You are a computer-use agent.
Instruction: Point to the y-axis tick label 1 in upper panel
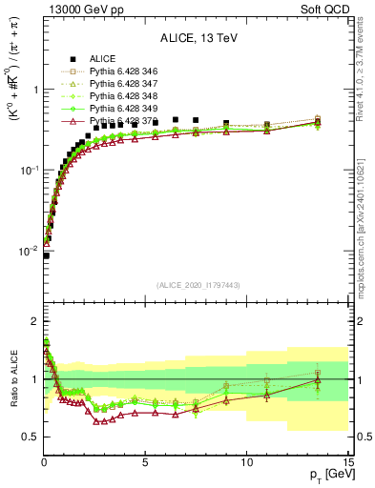coord(35,90)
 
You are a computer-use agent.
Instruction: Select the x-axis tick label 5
coord(145,462)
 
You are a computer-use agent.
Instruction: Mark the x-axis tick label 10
coord(245,462)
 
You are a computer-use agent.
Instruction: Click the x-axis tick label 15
coord(346,462)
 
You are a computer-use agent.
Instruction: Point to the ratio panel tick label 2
coord(35,320)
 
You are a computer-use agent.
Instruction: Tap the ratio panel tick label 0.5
coord(31,437)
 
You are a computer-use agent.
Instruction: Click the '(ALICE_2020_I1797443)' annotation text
coord(196,284)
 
